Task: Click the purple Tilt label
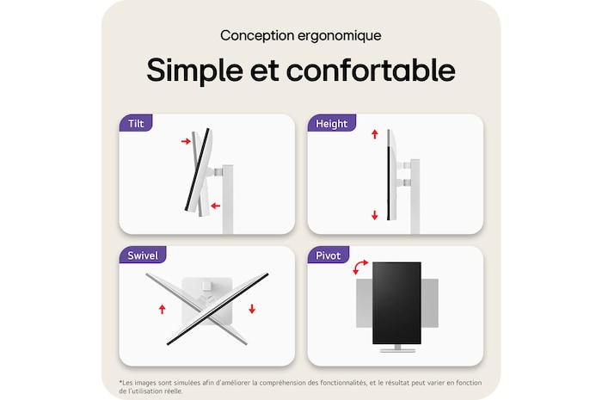pos(136,123)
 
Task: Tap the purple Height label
pos(331,123)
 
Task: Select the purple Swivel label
pos(142,255)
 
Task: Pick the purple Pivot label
pos(328,255)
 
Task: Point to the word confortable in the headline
pos(372,70)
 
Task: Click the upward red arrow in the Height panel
pos(375,134)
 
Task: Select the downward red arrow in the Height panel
pos(375,215)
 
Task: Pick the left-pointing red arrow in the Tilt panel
pos(215,206)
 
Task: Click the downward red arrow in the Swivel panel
pos(252,308)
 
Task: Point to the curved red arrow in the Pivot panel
pos(361,268)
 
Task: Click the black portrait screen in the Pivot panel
pos(397,302)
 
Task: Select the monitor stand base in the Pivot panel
pos(397,348)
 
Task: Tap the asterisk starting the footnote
pos(120,381)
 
